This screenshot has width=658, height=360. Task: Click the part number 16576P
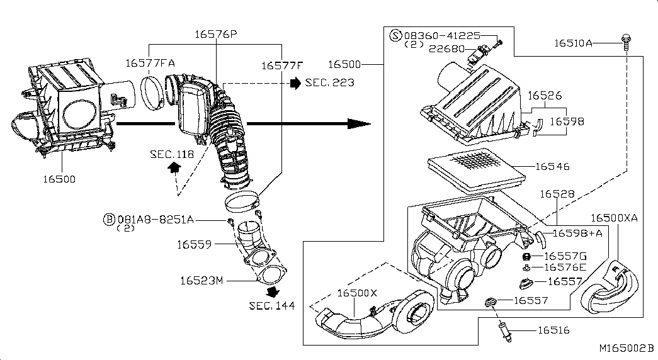click(215, 35)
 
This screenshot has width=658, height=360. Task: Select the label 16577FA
click(149, 63)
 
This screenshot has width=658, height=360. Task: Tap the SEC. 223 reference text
click(329, 82)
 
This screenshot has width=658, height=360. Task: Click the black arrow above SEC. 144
click(273, 292)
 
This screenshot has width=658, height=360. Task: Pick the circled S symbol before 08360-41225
click(396, 35)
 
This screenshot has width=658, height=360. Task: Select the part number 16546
click(552, 166)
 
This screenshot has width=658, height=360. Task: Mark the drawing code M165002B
click(626, 348)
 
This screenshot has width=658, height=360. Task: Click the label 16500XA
click(614, 218)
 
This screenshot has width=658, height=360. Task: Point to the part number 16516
click(553, 330)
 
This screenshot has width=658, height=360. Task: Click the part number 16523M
click(201, 280)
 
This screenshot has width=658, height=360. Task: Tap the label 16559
click(194, 244)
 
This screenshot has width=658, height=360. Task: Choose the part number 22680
click(446, 48)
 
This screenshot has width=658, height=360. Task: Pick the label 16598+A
click(577, 233)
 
